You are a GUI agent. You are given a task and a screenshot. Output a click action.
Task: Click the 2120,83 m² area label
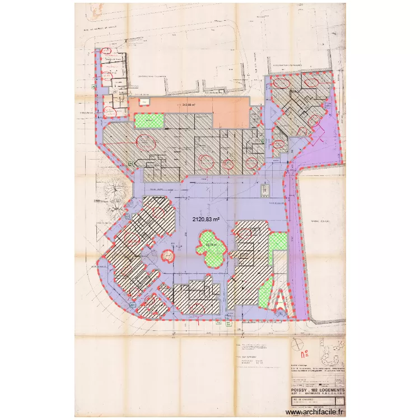[x=206, y=220]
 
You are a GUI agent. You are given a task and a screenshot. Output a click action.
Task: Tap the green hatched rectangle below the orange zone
[x=149, y=120]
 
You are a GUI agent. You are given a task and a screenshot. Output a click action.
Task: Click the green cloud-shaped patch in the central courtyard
[x=211, y=250]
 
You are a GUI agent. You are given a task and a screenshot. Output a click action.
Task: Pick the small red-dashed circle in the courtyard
[x=166, y=256]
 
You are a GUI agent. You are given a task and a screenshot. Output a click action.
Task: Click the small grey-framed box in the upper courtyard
[x=263, y=191]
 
